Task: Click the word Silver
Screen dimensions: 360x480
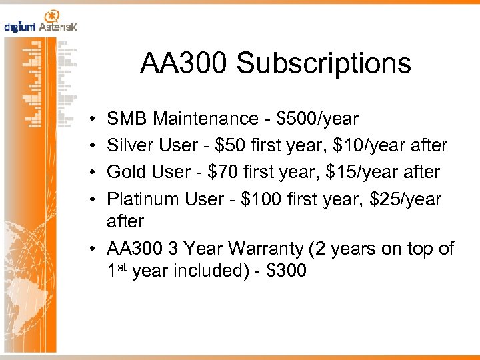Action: click(x=129, y=145)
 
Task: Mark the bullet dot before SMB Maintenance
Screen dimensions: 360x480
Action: click(x=90, y=119)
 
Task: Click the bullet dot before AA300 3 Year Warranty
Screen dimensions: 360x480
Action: click(x=90, y=249)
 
